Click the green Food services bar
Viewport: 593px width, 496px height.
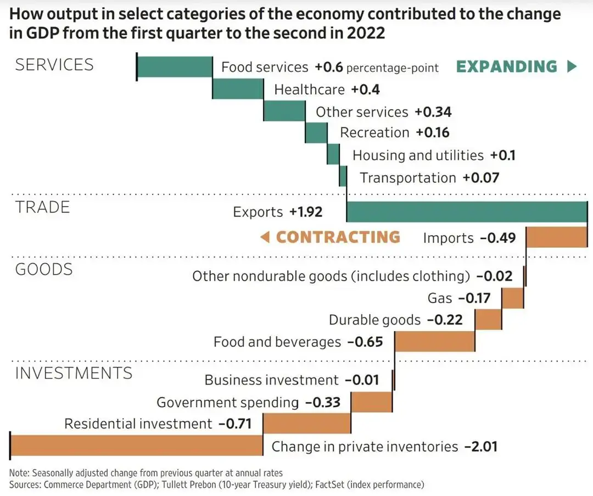[x=175, y=67]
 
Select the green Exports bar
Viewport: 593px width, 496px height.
[x=467, y=212]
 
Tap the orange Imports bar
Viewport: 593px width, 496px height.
[x=556, y=237]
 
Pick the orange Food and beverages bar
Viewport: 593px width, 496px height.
[x=435, y=341]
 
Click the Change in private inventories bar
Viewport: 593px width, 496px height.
[x=136, y=445]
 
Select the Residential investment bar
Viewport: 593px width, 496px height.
[x=307, y=423]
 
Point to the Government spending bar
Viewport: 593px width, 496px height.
[x=372, y=402]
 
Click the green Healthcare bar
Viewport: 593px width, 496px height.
[x=238, y=89]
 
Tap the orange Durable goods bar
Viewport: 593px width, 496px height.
[x=488, y=319]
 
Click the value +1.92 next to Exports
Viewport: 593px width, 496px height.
[x=306, y=212]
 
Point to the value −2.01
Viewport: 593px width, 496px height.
[x=480, y=447]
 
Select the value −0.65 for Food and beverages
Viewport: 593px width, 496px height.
[x=365, y=342]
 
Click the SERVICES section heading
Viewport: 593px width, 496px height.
[x=54, y=65]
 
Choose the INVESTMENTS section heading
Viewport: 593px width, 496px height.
[x=74, y=374]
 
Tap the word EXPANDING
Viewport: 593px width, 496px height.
[x=507, y=67]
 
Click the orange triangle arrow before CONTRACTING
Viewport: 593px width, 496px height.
[x=265, y=237]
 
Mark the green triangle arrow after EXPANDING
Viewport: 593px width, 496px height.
[x=572, y=67]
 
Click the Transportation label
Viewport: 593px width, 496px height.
[x=408, y=178]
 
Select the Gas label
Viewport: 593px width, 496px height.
[x=440, y=298]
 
